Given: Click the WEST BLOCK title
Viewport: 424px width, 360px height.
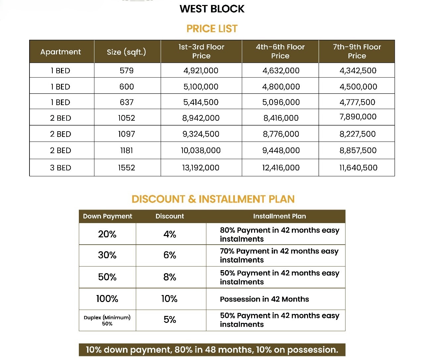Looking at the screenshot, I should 212,9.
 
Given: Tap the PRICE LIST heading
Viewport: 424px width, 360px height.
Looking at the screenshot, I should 212,29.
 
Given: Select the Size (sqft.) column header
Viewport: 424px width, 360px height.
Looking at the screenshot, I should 127,52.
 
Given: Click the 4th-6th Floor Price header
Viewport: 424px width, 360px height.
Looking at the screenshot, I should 280,51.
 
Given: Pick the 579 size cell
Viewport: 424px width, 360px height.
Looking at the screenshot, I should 127,71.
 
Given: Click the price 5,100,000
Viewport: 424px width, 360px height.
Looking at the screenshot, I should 201,87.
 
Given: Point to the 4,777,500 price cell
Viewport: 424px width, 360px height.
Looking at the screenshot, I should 357,102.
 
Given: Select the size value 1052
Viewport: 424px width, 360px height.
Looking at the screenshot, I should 127,118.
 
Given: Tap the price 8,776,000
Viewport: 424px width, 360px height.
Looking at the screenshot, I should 281,134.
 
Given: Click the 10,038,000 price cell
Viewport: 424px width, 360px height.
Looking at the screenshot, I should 201,150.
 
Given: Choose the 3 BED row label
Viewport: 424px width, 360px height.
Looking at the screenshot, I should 61,168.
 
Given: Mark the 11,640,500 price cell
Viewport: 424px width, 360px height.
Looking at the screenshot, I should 358,168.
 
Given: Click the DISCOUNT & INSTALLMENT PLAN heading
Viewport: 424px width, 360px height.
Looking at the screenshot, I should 213,199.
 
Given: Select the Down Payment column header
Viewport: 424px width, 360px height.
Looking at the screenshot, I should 107,216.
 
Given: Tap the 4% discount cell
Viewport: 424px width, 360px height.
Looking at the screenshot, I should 170,234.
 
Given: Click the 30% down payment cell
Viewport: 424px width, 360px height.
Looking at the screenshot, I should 107,255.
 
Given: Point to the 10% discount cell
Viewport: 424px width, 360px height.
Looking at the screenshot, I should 169,299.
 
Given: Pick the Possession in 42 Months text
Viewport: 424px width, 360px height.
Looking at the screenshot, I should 264,299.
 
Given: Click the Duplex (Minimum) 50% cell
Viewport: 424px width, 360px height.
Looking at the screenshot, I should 107,321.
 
